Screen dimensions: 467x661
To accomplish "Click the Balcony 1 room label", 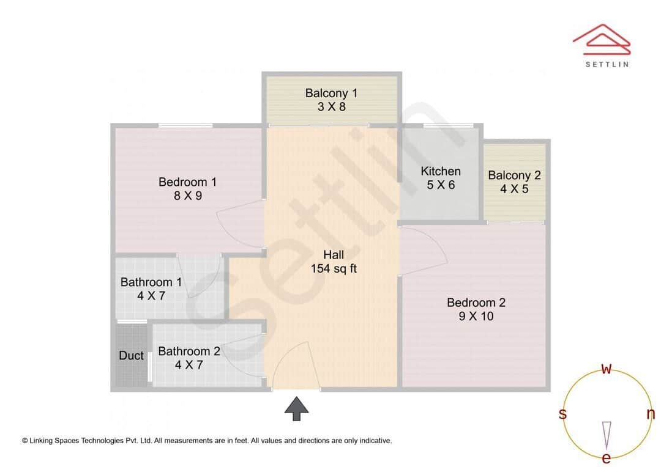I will pyautogui.click(x=331, y=94).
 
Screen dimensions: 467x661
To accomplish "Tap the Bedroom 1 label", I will pyautogui.click(x=187, y=182).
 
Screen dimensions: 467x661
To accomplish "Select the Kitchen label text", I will pyautogui.click(x=441, y=171).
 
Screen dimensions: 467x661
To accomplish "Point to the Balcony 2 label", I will pyautogui.click(x=514, y=175).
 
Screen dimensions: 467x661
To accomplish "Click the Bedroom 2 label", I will pyautogui.click(x=476, y=303).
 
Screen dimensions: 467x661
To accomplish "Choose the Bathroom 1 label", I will pyautogui.click(x=151, y=282).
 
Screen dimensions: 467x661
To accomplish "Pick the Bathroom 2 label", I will pyautogui.click(x=189, y=351).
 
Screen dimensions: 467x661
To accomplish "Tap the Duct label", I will pyautogui.click(x=131, y=356).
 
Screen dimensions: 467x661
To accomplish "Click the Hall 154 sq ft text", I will pyautogui.click(x=334, y=262).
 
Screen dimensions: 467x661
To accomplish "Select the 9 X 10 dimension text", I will pyautogui.click(x=476, y=317).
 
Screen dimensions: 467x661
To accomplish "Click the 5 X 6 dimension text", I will pyautogui.click(x=441, y=185).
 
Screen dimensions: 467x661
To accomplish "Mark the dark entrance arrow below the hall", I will pyautogui.click(x=297, y=408).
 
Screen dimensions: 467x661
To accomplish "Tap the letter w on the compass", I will pyautogui.click(x=607, y=369).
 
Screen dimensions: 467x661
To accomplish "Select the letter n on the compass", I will pyautogui.click(x=651, y=414).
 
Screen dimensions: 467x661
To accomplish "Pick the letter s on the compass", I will pyautogui.click(x=562, y=414).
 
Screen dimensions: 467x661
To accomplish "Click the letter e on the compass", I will pyautogui.click(x=607, y=458).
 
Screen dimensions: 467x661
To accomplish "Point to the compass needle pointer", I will pyautogui.click(x=607, y=434).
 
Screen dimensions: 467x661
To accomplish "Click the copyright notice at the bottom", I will pyautogui.click(x=207, y=440).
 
